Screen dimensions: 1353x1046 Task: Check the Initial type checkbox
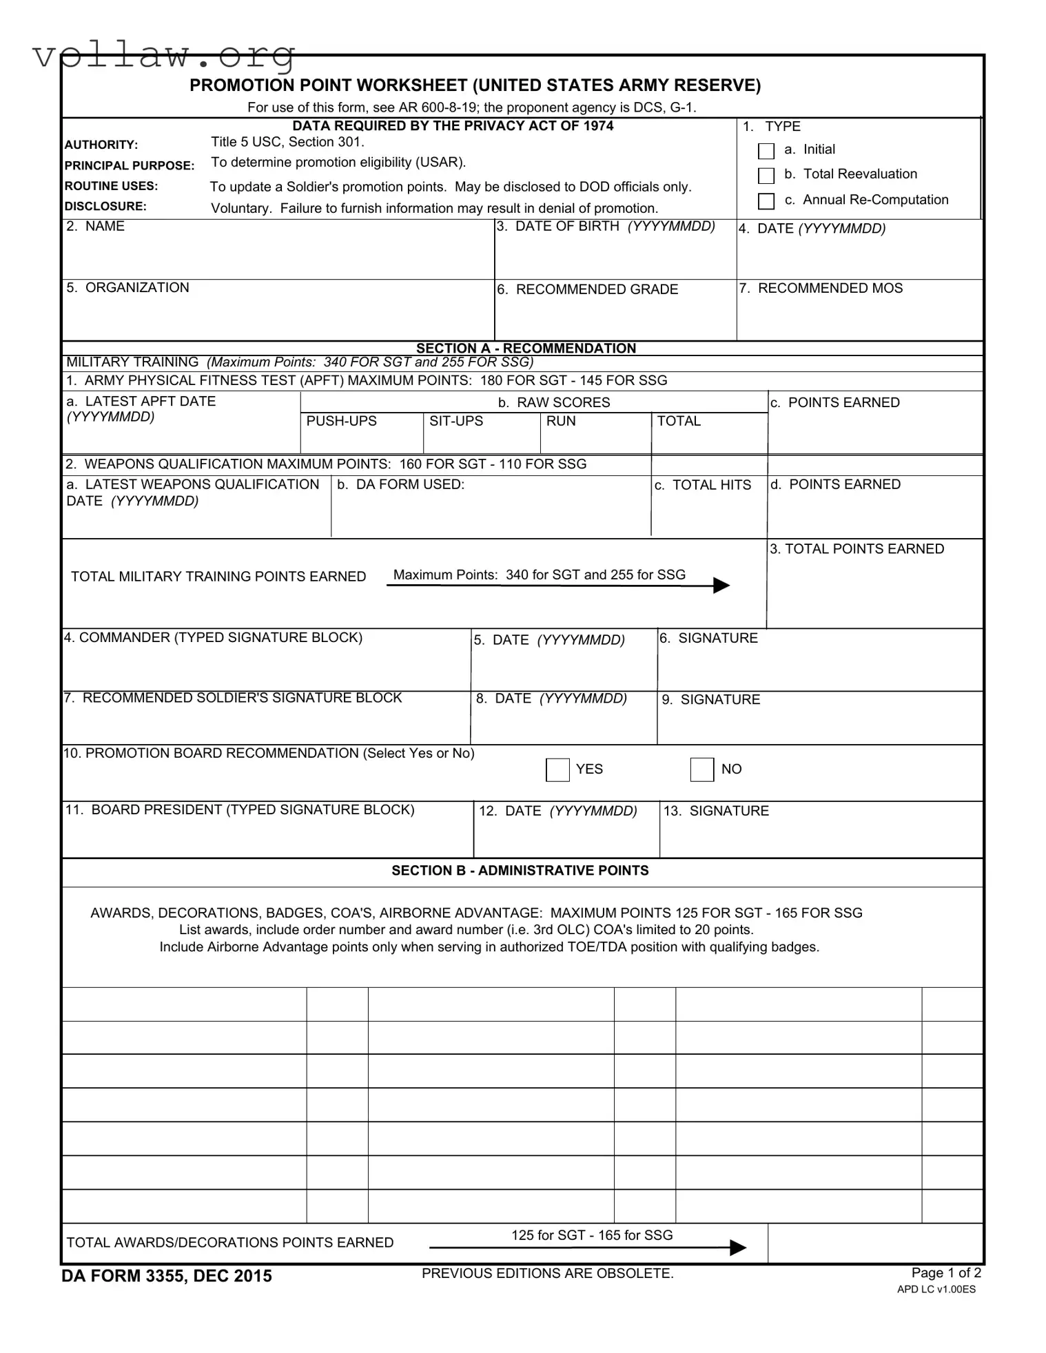click(x=766, y=151)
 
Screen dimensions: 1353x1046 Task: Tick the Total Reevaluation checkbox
click(x=766, y=176)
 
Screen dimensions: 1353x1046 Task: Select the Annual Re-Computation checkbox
click(x=766, y=201)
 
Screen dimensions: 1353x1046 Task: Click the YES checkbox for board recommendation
click(x=557, y=770)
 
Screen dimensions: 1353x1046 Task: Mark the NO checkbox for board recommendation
click(x=701, y=770)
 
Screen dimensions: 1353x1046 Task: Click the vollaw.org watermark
click(x=164, y=55)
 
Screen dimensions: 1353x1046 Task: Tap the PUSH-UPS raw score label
click(x=341, y=421)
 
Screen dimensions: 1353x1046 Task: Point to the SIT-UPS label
click(x=455, y=421)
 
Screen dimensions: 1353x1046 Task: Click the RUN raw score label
click(x=560, y=421)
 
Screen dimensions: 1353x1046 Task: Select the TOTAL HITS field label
click(x=702, y=485)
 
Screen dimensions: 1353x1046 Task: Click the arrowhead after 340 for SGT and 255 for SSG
click(x=721, y=586)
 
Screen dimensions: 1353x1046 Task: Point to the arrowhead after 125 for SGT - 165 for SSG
click(x=737, y=1248)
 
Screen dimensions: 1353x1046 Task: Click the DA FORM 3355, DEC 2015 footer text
click(x=167, y=1276)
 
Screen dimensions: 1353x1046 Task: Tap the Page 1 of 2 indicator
click(x=945, y=1272)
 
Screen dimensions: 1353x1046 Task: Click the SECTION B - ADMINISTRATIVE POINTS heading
click(x=520, y=870)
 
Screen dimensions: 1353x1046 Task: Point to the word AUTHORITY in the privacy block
click(x=101, y=145)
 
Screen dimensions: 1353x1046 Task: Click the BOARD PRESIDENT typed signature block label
click(x=239, y=809)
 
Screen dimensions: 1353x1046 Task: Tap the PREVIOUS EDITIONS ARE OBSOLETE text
click(x=547, y=1273)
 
